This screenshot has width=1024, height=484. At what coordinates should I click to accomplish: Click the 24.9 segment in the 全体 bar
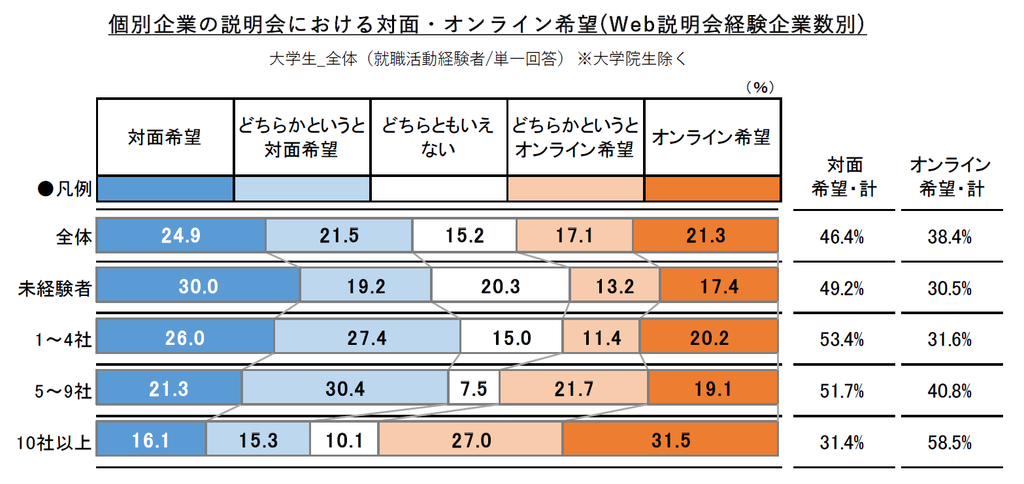(x=182, y=235)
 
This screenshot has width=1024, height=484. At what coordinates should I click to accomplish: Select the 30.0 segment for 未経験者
(x=199, y=286)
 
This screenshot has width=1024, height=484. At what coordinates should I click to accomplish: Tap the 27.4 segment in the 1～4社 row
(x=367, y=338)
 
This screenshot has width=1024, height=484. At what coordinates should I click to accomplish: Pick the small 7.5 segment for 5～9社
(x=474, y=389)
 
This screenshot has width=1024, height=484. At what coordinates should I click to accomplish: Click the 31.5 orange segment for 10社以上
(x=670, y=440)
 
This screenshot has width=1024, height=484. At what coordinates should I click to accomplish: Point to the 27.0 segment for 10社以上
(x=471, y=440)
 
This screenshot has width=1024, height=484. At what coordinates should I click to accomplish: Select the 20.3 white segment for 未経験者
(x=501, y=286)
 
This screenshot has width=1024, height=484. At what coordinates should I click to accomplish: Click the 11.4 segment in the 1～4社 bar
(x=601, y=338)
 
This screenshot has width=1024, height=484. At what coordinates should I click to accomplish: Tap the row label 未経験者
(x=55, y=289)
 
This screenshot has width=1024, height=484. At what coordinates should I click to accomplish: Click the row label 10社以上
(x=54, y=442)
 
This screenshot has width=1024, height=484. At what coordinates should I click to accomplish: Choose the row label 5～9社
(x=63, y=391)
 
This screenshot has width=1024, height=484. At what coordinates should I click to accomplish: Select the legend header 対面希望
(x=165, y=137)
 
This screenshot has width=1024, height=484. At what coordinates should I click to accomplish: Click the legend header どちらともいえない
(x=438, y=137)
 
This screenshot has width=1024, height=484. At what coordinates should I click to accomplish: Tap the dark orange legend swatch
(x=712, y=189)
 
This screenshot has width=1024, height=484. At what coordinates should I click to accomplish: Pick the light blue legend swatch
(x=302, y=189)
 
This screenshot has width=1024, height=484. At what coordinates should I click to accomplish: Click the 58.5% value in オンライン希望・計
(x=950, y=442)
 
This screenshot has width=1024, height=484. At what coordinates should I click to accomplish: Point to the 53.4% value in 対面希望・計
(x=842, y=340)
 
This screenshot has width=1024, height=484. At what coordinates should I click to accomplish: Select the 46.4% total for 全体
(x=842, y=237)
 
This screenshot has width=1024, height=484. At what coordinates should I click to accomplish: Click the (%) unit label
(x=760, y=88)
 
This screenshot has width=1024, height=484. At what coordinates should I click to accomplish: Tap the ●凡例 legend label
(x=65, y=189)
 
